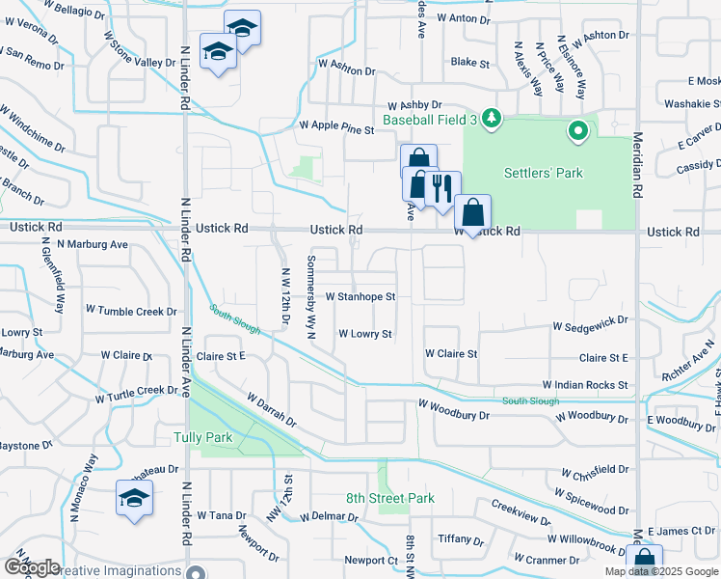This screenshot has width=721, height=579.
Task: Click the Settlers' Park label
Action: (544, 174)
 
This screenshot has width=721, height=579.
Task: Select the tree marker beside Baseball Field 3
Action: (493, 118)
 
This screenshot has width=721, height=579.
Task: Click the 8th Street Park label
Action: (390, 499)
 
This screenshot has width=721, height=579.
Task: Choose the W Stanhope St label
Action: (360, 297)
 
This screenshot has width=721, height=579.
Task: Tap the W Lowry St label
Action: (364, 335)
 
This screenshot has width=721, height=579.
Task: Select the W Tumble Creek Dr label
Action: (131, 311)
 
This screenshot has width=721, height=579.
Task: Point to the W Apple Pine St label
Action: (335, 126)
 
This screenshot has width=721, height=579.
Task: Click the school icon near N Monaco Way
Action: (133, 498)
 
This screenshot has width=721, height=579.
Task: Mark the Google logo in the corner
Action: (32, 567)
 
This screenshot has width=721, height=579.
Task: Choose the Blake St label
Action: (470, 62)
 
